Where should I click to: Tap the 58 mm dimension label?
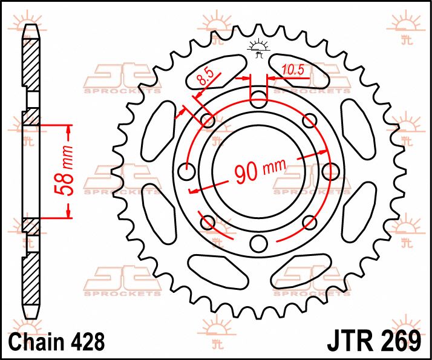click(x=68, y=172)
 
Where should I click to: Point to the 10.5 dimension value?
click(x=292, y=71)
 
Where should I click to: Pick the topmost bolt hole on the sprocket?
click(x=258, y=99)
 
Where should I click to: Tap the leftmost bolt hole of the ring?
click(x=187, y=171)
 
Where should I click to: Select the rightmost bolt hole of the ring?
click(x=330, y=171)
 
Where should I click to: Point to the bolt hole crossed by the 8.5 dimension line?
click(x=208, y=120)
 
